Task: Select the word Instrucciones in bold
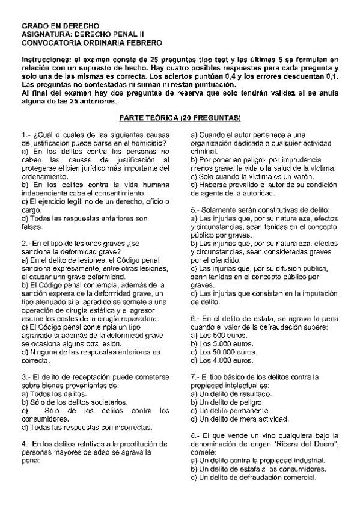[45, 60]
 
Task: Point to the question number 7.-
[195, 376]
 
